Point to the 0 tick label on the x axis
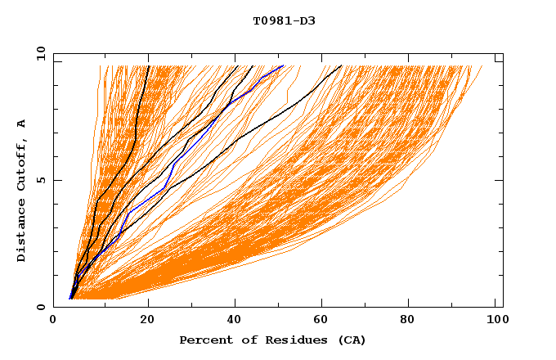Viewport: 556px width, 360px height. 53,320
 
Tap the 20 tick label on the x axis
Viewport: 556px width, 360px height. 143,320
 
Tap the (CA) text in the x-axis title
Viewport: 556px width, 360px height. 352,340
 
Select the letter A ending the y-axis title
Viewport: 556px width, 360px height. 22,124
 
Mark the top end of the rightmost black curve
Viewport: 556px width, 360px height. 341,65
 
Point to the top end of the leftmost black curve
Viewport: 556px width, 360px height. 148,65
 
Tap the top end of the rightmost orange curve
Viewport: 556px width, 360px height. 482,66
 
